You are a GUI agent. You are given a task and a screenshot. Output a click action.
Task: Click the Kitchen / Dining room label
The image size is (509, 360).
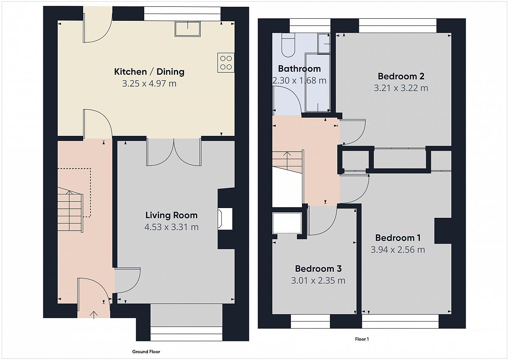click(149, 72)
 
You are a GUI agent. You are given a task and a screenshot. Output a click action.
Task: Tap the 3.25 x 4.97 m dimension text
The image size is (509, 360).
click(149, 84)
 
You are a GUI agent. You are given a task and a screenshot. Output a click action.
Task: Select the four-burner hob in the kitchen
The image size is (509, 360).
click(226, 62)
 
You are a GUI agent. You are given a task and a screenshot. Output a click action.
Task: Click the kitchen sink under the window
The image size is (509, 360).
click(187, 28)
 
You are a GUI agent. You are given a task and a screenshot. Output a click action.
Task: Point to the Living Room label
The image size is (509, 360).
click(171, 215)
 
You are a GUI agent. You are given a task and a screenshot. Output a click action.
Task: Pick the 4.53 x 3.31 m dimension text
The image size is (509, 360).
click(171, 227)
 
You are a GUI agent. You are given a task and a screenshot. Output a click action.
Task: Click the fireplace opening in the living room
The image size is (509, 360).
click(225, 218)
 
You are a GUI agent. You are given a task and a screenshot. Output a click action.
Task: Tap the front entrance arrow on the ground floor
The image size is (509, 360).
click(94, 315)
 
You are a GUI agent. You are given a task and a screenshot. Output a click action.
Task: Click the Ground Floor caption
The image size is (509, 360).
click(146, 352)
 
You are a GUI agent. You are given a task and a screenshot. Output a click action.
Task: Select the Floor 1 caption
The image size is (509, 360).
click(362, 339)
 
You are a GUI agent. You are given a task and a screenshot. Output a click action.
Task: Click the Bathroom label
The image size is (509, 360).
click(299, 69)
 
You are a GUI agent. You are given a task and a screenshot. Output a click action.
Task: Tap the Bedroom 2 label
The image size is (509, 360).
click(401, 76)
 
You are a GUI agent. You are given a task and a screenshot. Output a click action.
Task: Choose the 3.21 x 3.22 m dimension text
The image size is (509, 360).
click(401, 88)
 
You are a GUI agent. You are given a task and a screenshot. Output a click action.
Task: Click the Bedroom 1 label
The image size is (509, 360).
click(398, 238)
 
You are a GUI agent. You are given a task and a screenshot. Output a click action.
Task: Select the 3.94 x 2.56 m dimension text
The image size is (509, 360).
click(398, 250)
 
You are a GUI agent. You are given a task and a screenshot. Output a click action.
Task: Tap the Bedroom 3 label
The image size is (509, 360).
click(318, 269)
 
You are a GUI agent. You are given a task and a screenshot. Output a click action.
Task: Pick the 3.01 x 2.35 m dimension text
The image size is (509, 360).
click(318, 281)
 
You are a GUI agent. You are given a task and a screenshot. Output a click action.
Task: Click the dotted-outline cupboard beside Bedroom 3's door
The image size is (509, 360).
click(287, 223)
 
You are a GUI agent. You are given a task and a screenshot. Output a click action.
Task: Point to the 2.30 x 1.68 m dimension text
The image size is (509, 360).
click(299, 81)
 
